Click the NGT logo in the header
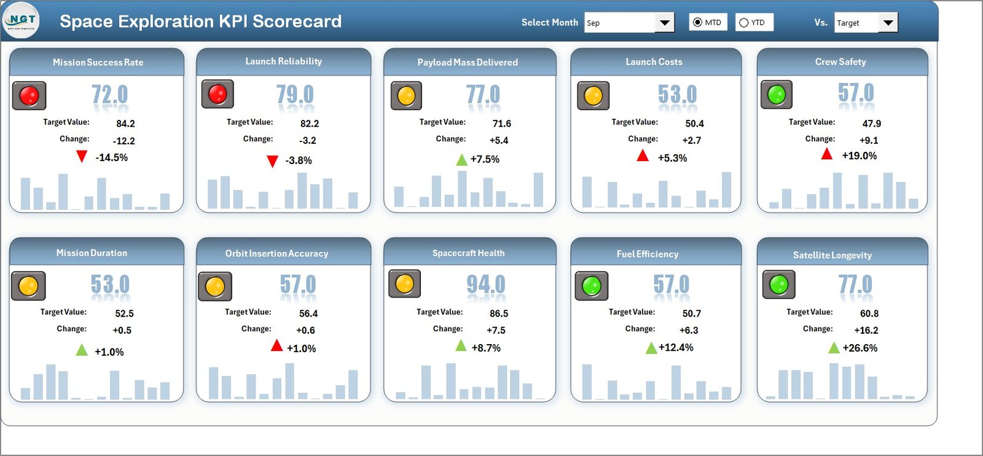click(x=22, y=20)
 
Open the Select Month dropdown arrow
click(x=664, y=23)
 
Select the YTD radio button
click(x=744, y=23)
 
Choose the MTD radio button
click(x=697, y=23)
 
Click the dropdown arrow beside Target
click(x=888, y=23)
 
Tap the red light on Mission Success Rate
click(x=29, y=96)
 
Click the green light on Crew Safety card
click(x=777, y=95)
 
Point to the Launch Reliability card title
click(x=283, y=61)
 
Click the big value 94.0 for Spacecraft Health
click(x=485, y=285)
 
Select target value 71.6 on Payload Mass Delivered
click(x=501, y=124)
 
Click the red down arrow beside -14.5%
click(x=82, y=156)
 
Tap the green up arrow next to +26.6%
click(x=834, y=348)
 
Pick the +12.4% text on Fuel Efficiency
click(x=676, y=348)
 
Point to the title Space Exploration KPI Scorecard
click(x=200, y=22)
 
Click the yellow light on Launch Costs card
click(x=593, y=96)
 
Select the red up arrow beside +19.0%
click(x=827, y=154)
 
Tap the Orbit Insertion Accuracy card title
click(x=276, y=253)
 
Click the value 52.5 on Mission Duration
click(x=124, y=313)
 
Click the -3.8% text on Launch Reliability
click(x=299, y=160)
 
